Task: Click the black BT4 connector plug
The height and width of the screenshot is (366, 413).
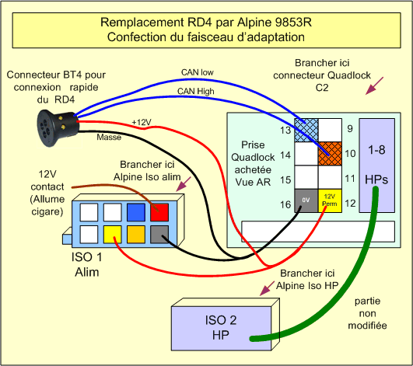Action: pyautogui.click(x=58, y=128)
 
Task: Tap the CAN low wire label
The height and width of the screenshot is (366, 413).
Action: pyautogui.click(x=198, y=72)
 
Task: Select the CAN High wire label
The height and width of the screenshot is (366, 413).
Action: pyautogui.click(x=196, y=91)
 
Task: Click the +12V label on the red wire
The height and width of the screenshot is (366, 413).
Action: pyautogui.click(x=142, y=122)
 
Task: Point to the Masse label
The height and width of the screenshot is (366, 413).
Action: pyautogui.click(x=109, y=137)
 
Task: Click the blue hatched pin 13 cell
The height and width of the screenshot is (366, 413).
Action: pyautogui.click(x=306, y=131)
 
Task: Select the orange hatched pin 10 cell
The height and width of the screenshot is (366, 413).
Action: pyautogui.click(x=330, y=154)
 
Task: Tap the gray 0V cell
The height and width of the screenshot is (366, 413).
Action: pyautogui.click(x=306, y=200)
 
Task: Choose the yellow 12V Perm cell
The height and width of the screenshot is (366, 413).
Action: pyautogui.click(x=330, y=200)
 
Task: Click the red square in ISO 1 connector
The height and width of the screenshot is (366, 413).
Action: pyautogui.click(x=159, y=212)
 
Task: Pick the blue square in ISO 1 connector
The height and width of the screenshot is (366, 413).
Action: pyautogui.click(x=136, y=212)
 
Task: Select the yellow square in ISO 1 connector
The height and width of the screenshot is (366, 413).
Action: pyautogui.click(x=113, y=235)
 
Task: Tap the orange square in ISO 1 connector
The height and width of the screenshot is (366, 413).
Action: pyautogui.click(x=136, y=235)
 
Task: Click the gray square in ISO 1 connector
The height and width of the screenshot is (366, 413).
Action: pyautogui.click(x=159, y=235)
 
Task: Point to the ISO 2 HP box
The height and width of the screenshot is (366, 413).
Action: pyautogui.click(x=226, y=325)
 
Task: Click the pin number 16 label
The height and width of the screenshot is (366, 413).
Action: pyautogui.click(x=285, y=204)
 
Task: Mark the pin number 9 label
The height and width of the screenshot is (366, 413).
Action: pyautogui.click(x=350, y=129)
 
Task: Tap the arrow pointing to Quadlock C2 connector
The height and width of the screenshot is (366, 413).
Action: pyautogui.click(x=375, y=85)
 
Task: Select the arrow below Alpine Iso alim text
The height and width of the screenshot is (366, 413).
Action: pyautogui.click(x=184, y=184)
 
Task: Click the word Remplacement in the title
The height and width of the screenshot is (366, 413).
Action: pyautogui.click(x=142, y=23)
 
